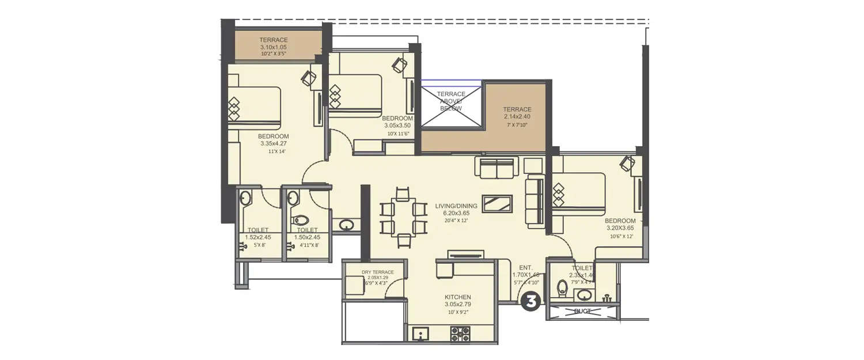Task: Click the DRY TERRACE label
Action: pos(377,272)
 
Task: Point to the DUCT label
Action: pos(582,312)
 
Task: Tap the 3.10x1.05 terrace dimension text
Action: pos(273,47)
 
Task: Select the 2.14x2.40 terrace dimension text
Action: pos(517,116)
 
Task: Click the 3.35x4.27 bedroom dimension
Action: pos(274,143)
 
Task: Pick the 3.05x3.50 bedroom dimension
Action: pos(397,125)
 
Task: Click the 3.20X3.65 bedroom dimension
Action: pos(620,228)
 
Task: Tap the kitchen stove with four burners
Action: pos(460,334)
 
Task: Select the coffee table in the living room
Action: pos(497,204)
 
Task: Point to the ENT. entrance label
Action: pos(525,267)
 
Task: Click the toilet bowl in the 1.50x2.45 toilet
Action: pos(302,220)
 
